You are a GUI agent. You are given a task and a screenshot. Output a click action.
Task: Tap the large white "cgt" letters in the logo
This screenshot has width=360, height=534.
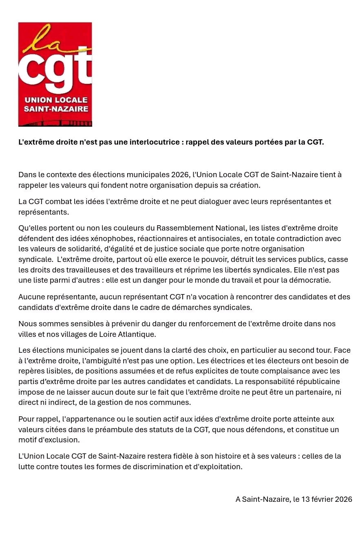tap(55, 71)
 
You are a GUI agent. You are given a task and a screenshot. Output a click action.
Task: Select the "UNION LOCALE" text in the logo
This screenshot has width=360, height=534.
tap(56, 100)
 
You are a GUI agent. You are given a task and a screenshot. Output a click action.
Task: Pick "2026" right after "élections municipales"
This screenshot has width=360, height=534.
tap(180, 175)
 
